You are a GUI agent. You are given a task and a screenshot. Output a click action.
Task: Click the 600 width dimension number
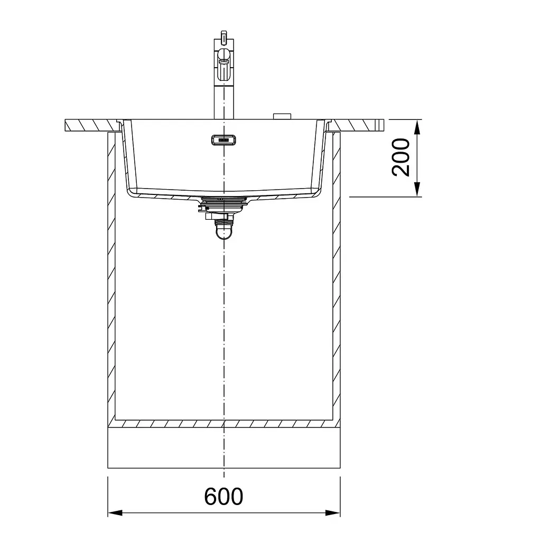pyautogui.click(x=223, y=497)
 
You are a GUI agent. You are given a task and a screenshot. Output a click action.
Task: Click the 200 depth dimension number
pyautogui.click(x=401, y=157)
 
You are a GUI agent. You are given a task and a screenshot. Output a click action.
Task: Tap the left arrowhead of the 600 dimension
pyautogui.click(x=115, y=512)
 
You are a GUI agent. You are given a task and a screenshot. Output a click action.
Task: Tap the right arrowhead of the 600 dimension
pyautogui.click(x=333, y=512)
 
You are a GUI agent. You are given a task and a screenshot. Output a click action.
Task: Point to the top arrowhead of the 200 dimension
pyautogui.click(x=417, y=127)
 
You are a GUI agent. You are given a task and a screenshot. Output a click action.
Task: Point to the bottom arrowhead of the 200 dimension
pyautogui.click(x=417, y=190)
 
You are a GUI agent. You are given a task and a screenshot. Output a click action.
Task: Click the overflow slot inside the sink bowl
pyautogui.click(x=224, y=140)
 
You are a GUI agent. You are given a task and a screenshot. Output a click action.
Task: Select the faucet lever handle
pyautogui.click(x=224, y=66)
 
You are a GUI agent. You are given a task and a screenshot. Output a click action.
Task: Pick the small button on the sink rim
pyautogui.click(x=282, y=116)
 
